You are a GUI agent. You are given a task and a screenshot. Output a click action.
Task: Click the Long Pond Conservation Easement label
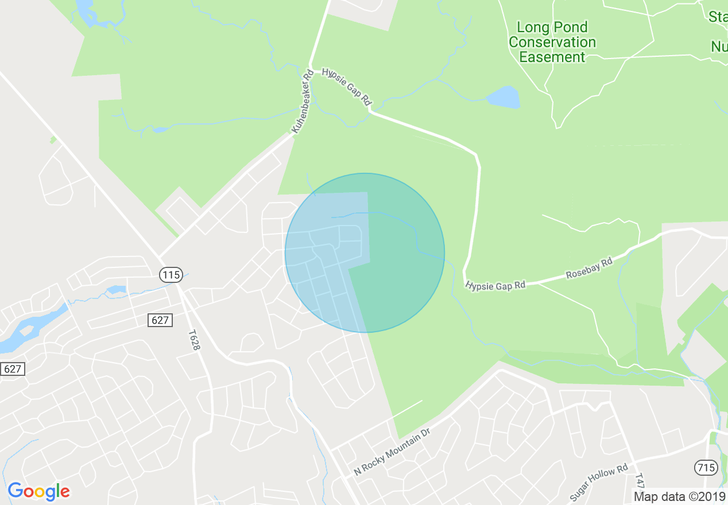click(x=552, y=42)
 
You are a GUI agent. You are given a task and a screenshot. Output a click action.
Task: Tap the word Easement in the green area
click(x=552, y=57)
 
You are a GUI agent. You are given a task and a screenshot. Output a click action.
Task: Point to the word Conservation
click(x=552, y=42)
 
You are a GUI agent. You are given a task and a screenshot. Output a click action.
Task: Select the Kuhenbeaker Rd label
click(x=302, y=102)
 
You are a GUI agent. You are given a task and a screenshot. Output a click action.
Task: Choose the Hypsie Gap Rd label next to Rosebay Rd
click(x=495, y=285)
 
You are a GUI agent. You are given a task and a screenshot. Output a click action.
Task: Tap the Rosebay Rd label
click(x=589, y=268)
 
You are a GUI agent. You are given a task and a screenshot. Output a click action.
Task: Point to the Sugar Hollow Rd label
click(x=599, y=483)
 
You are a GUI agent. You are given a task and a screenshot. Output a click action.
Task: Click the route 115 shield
click(x=171, y=275)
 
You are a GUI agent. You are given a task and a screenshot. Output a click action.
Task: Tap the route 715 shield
click(x=706, y=468)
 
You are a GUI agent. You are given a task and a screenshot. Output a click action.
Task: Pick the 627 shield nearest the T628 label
click(x=160, y=320)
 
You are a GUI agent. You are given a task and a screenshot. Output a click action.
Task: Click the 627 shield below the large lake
click(x=13, y=368)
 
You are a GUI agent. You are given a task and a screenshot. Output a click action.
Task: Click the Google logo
click(x=39, y=491)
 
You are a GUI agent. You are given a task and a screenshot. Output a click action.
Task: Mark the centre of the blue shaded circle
click(x=365, y=252)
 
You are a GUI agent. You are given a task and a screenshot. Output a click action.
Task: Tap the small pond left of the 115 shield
click(x=116, y=289)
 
